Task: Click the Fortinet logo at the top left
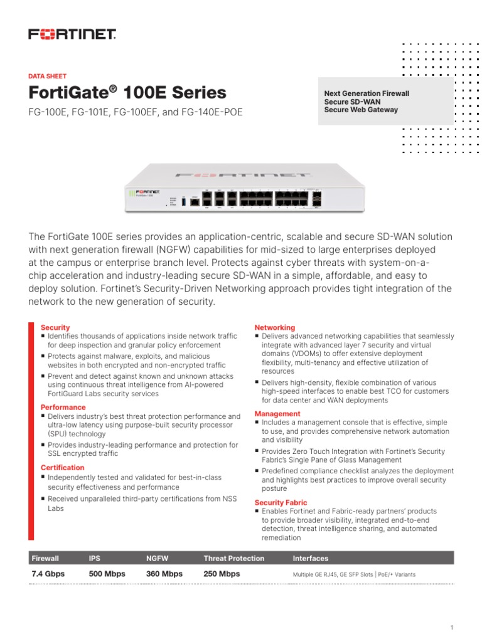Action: coord(72,34)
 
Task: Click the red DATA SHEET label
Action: coord(48,76)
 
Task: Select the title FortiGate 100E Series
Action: coord(127,93)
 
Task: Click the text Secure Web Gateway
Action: coord(361,110)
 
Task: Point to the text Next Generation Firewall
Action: coord(367,93)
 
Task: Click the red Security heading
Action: coord(55,327)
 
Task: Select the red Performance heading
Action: coord(63,408)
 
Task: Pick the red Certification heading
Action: coord(62,468)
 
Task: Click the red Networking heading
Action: coord(274,327)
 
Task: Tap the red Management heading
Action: coord(277,414)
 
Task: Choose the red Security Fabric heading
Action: coord(281,502)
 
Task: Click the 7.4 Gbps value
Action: coord(48,574)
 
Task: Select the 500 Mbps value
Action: coord(107,574)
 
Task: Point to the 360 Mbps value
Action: coord(164,574)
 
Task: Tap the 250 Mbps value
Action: coord(222,574)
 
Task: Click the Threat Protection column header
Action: coord(233,558)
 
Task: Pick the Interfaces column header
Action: coord(310,558)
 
